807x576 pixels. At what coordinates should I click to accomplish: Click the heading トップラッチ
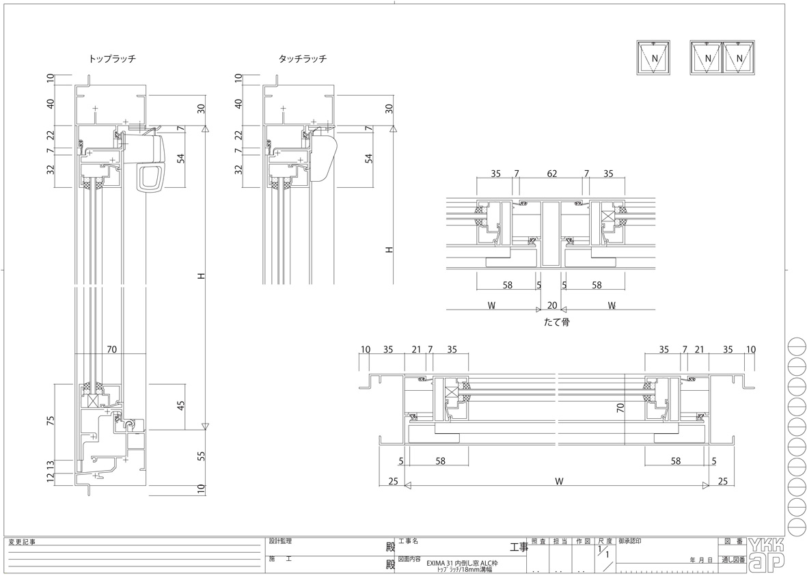pyautogui.click(x=112, y=59)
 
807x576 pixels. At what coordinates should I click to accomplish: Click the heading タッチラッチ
pyautogui.click(x=303, y=59)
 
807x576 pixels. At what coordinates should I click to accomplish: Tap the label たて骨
pyautogui.click(x=556, y=323)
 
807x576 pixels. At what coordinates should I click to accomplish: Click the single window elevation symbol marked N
pyautogui.click(x=654, y=57)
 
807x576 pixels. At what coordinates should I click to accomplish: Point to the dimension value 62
pyautogui.click(x=551, y=174)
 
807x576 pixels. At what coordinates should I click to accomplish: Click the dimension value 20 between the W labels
pyautogui.click(x=551, y=305)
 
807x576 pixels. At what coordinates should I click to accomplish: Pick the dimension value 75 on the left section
pyautogui.click(x=51, y=421)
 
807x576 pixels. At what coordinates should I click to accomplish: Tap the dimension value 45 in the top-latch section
pyautogui.click(x=180, y=406)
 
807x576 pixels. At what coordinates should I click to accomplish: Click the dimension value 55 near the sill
pyautogui.click(x=201, y=456)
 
